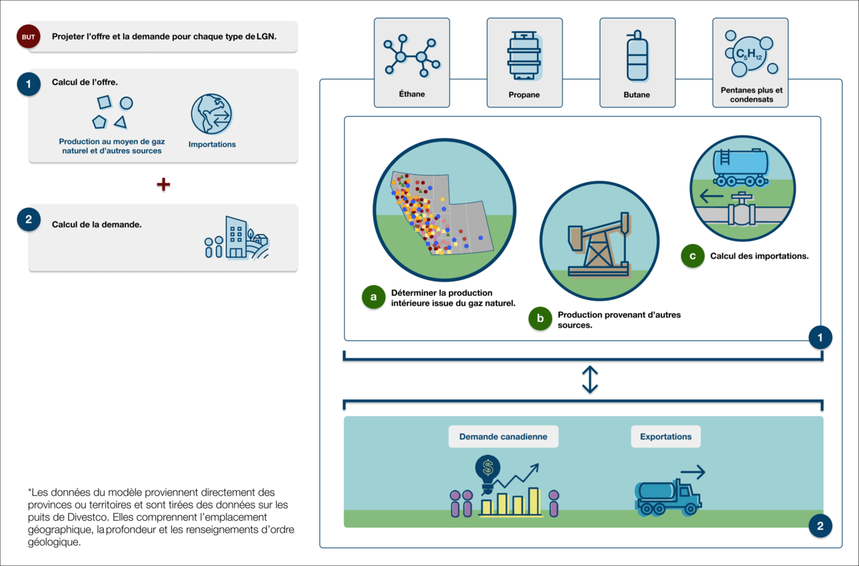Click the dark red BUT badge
(29, 37)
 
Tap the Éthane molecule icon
(412, 56)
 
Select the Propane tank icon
(524, 56)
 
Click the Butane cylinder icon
(637, 56)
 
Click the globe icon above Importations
(212, 114)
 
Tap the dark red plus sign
(163, 185)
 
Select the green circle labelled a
(374, 297)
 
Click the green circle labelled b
(540, 319)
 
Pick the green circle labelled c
(693, 256)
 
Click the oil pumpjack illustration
(599, 244)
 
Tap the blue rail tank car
(741, 168)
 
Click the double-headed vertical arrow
(590, 380)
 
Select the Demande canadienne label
(503, 437)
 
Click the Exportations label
(666, 437)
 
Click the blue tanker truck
(668, 497)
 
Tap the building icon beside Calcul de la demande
(236, 237)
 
